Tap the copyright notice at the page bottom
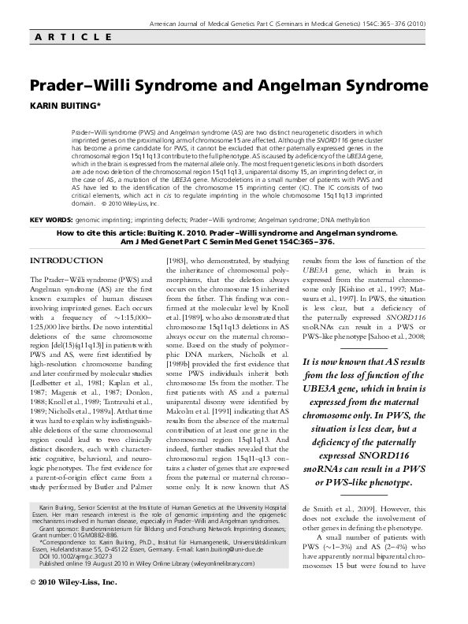pyautogui.click(x=72, y=606)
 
